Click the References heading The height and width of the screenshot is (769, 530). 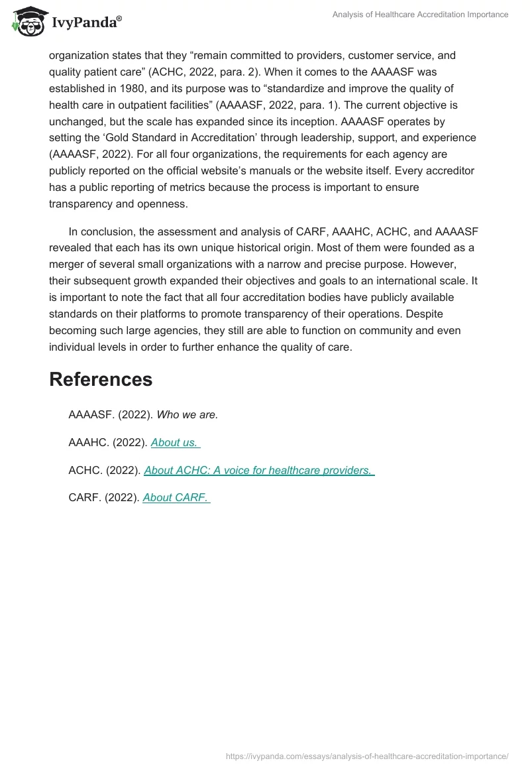pos(101,379)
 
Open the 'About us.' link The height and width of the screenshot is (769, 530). pos(176,442)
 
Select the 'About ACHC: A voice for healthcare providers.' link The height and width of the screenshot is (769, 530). pos(259,470)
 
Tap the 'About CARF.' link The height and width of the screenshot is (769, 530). pos(176,497)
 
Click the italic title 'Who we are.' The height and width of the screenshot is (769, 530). pos(187,414)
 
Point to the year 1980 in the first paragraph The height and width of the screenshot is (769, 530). pos(127,88)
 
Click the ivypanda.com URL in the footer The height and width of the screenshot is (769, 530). pos(367,755)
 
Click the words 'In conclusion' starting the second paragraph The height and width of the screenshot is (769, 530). pos(99,231)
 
